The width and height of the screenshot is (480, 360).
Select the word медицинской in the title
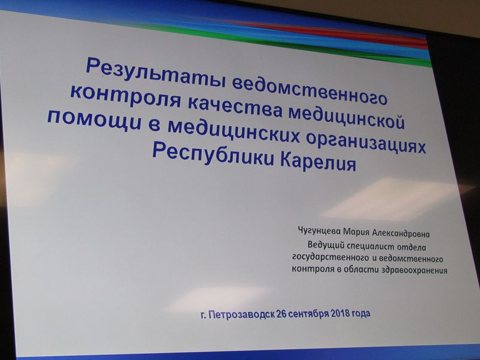(347, 118)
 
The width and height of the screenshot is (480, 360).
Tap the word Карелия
(319, 162)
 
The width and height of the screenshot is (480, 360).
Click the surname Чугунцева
(319, 231)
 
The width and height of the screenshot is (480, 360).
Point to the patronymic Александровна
(400, 234)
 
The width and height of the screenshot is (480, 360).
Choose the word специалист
(370, 246)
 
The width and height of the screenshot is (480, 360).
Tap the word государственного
(331, 258)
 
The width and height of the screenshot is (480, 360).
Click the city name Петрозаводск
(241, 315)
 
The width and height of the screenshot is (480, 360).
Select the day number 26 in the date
(281, 314)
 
